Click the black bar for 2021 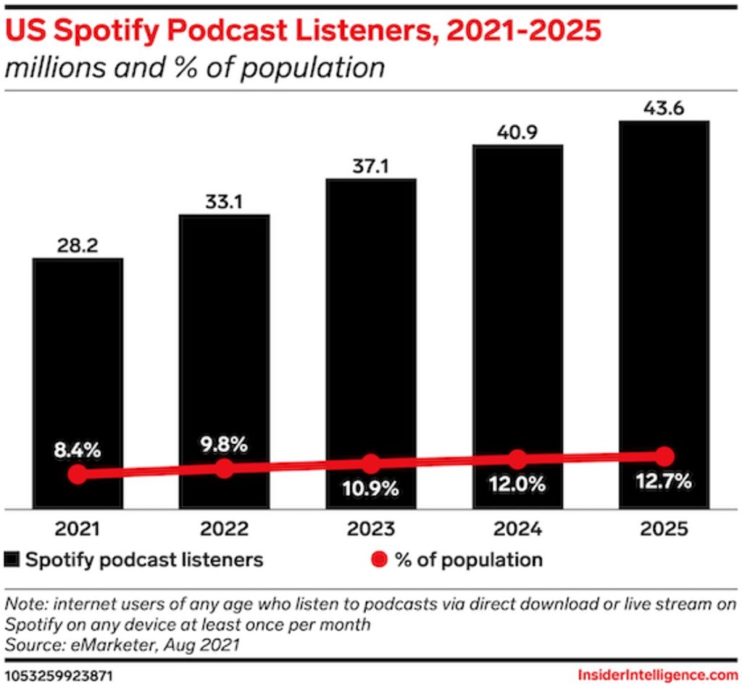pos(78,362)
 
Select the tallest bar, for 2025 pos(664,304)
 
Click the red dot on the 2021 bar pos(78,475)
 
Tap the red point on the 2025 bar pos(664,456)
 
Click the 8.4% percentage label pos(78,450)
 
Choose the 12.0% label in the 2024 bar pos(517,485)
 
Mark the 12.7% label pos(664,480)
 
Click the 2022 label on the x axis pos(225,529)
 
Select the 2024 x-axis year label pos(517,529)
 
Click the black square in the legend pos(13,559)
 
